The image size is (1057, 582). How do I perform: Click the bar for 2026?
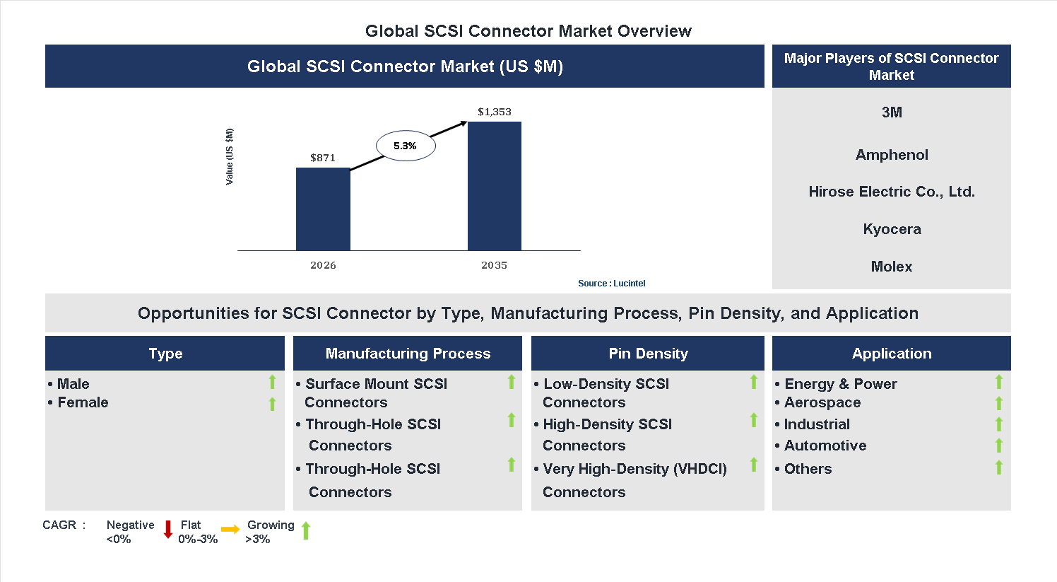tap(323, 209)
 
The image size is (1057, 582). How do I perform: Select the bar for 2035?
tap(494, 186)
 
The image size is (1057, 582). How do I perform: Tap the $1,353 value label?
tap(494, 112)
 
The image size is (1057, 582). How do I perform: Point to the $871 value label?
tap(323, 158)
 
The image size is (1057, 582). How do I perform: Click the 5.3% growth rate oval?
tap(405, 146)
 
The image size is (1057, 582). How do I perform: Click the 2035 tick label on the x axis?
tap(494, 265)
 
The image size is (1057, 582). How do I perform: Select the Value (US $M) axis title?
tap(229, 157)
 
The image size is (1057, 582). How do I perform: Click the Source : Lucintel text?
tap(611, 284)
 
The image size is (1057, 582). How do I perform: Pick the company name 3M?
tap(892, 112)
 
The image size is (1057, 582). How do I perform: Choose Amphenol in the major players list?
tap(892, 155)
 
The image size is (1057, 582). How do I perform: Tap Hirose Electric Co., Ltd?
tap(892, 192)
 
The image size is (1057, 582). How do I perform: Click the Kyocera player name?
tap(892, 229)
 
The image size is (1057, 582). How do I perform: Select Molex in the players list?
tap(892, 267)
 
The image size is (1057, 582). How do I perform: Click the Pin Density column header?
tap(648, 354)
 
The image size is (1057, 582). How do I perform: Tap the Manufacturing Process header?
tap(408, 354)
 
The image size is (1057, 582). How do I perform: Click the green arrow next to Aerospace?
tap(998, 403)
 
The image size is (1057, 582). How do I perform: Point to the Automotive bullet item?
tap(825, 446)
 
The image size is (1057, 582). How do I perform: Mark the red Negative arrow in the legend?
tap(168, 529)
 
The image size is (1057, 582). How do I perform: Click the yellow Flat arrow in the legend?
tap(230, 529)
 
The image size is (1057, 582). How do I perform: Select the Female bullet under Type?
tap(83, 402)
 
